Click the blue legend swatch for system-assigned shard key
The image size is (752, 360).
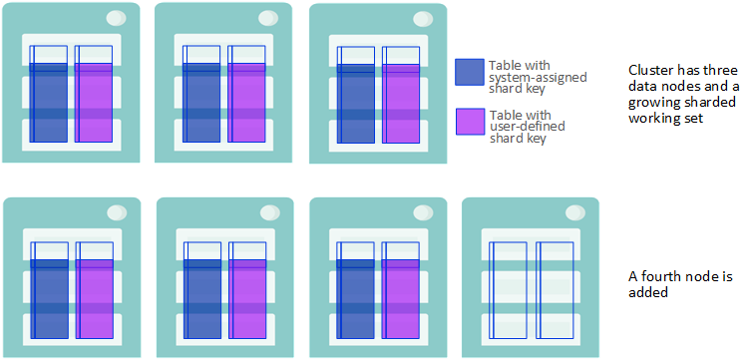[x=470, y=73]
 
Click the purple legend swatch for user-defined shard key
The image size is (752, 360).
[x=470, y=123]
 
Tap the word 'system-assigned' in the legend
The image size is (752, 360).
[x=538, y=77]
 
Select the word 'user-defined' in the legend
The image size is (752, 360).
[x=527, y=127]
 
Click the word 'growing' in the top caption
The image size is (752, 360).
[x=655, y=103]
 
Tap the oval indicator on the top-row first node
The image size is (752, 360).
[x=116, y=18]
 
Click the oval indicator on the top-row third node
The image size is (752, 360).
[x=423, y=19]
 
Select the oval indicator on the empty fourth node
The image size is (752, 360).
[x=575, y=212]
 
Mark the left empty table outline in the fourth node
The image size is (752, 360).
[x=489, y=290]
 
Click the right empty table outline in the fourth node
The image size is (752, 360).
[x=537, y=290]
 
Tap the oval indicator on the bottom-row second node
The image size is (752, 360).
[x=270, y=212]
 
